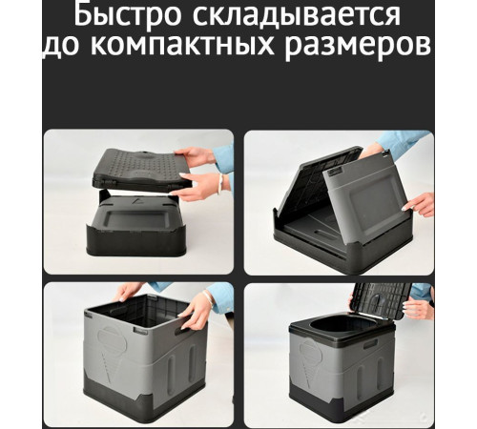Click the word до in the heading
click(x=61, y=48)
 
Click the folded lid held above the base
click(x=143, y=170)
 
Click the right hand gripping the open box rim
click(x=198, y=308)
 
